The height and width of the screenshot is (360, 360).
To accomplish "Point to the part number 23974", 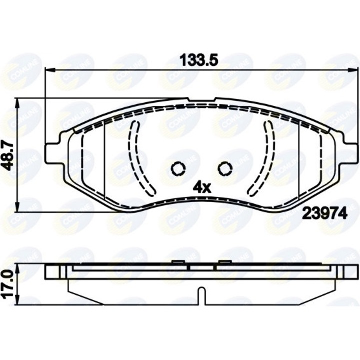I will tap(323, 213).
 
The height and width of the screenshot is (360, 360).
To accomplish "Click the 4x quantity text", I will tap(203, 187).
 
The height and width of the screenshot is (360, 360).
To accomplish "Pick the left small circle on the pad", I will tap(178, 169).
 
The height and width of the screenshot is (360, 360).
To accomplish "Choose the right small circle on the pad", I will tap(224, 169).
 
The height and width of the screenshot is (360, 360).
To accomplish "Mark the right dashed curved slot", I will tap(265, 157).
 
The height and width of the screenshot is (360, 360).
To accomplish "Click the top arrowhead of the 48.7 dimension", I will tap(18, 103).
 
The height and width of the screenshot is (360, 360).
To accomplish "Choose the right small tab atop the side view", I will tap(224, 262).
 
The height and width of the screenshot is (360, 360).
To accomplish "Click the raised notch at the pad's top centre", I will tap(201, 100).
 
